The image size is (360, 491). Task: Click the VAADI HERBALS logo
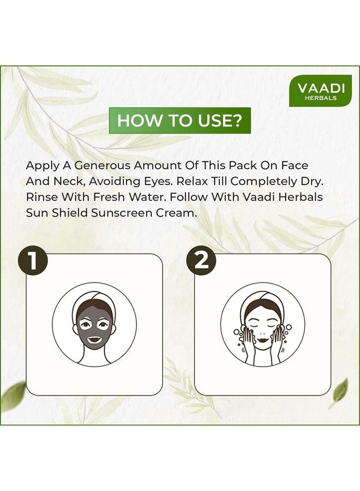tap(320, 91)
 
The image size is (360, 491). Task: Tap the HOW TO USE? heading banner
tap(179, 121)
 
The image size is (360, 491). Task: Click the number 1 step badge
tap(33, 261)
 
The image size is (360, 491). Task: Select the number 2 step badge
tap(201, 261)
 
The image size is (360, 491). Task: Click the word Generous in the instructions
tap(103, 165)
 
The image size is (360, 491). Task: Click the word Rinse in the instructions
tap(42, 197)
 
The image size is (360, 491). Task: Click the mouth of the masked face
tap(94, 339)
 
